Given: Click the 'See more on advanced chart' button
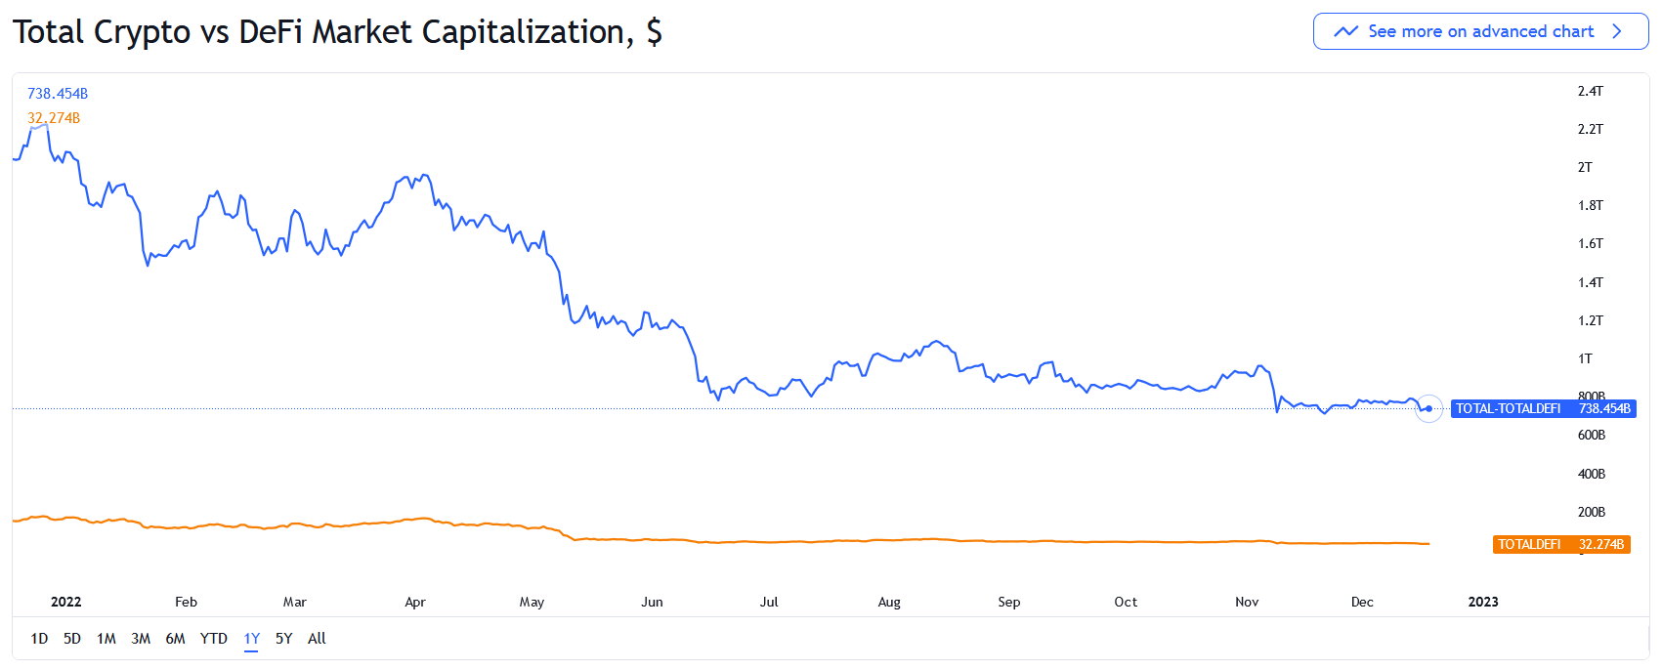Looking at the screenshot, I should (1480, 31).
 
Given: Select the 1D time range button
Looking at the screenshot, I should (39, 639).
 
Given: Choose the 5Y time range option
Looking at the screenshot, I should (283, 639).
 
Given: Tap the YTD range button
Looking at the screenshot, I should (213, 639).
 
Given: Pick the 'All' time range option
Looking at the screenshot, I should (317, 639).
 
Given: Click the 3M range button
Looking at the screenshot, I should (141, 639).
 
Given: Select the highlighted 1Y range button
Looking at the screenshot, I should (251, 639).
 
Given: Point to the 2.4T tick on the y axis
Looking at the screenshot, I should (1590, 91).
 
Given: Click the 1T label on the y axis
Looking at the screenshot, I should (1585, 358).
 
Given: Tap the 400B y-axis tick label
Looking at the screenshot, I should (1591, 474).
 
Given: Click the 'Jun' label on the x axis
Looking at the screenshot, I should (652, 602).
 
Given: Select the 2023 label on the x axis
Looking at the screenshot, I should (1482, 602).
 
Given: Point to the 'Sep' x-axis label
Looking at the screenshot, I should (1008, 602).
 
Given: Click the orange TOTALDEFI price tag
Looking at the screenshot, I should (1560, 544).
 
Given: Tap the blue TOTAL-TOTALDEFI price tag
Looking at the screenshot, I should (1543, 408).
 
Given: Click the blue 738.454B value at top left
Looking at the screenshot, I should (58, 94).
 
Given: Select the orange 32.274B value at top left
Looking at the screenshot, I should (54, 118).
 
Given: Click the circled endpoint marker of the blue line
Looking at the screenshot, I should (1428, 408).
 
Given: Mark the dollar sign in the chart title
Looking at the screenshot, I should (654, 32).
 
